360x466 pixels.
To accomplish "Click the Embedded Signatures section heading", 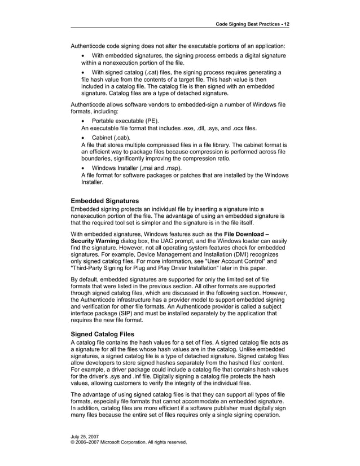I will pyautogui.click(x=105, y=200).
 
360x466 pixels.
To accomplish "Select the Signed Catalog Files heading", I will pyautogui.click(x=102, y=333).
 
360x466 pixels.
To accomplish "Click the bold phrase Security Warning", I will pyautogui.click(x=95, y=241).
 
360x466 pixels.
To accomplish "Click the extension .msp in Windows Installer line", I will pyautogui.click(x=172, y=168).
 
